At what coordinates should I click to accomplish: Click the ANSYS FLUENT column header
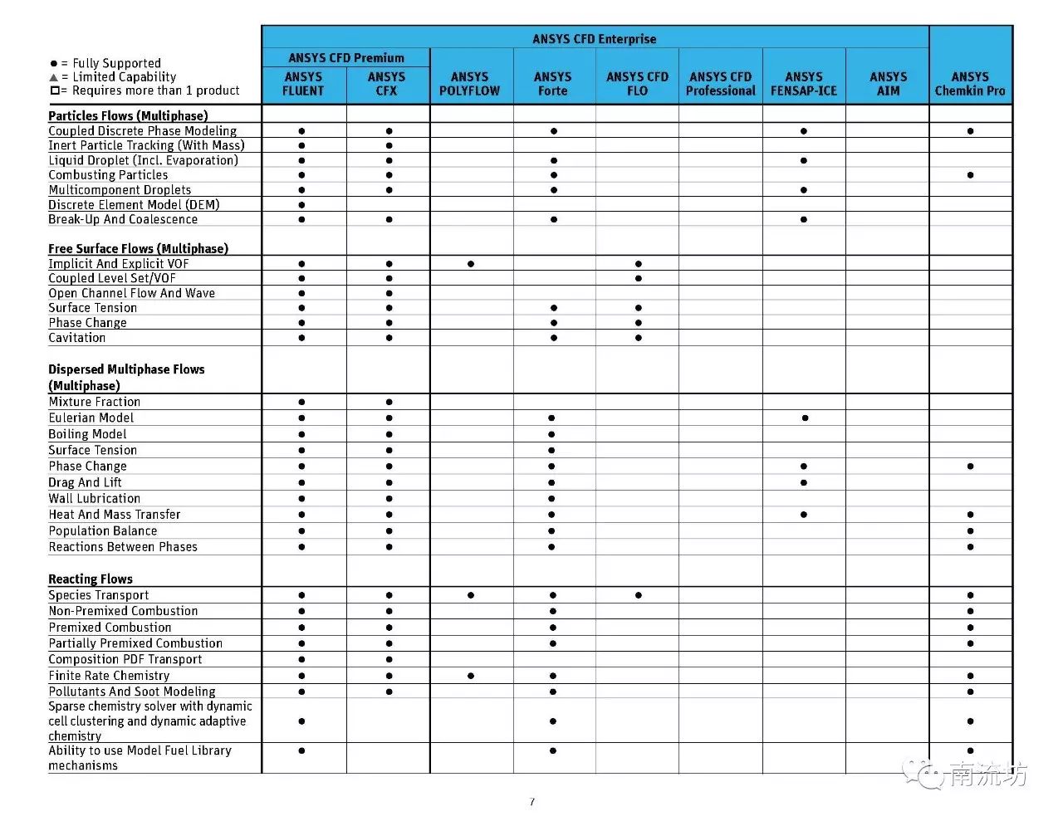click(303, 84)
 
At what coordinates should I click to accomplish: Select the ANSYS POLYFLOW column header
click(469, 84)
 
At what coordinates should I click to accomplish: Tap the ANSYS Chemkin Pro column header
click(970, 84)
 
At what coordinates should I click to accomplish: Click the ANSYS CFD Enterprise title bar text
click(594, 39)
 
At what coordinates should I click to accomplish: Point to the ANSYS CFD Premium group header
click(346, 58)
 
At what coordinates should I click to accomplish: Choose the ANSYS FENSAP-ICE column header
click(803, 84)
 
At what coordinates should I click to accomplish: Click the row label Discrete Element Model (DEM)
click(134, 205)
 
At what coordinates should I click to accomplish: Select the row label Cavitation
click(77, 338)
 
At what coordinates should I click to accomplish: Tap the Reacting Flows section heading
click(91, 579)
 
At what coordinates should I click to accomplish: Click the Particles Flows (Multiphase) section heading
click(128, 116)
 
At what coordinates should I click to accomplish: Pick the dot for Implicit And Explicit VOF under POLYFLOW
click(471, 264)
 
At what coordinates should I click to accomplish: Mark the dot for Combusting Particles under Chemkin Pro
click(970, 175)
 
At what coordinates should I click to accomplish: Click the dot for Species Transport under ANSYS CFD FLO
click(638, 595)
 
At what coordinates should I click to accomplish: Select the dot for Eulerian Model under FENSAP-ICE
click(805, 418)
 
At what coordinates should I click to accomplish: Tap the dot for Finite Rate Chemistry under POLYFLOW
click(471, 676)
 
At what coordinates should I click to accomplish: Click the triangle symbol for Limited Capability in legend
click(54, 77)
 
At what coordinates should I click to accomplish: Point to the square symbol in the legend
click(55, 90)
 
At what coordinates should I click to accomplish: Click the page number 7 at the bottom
click(531, 802)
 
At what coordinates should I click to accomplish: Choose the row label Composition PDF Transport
click(125, 660)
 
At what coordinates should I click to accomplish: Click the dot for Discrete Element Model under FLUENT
click(301, 205)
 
